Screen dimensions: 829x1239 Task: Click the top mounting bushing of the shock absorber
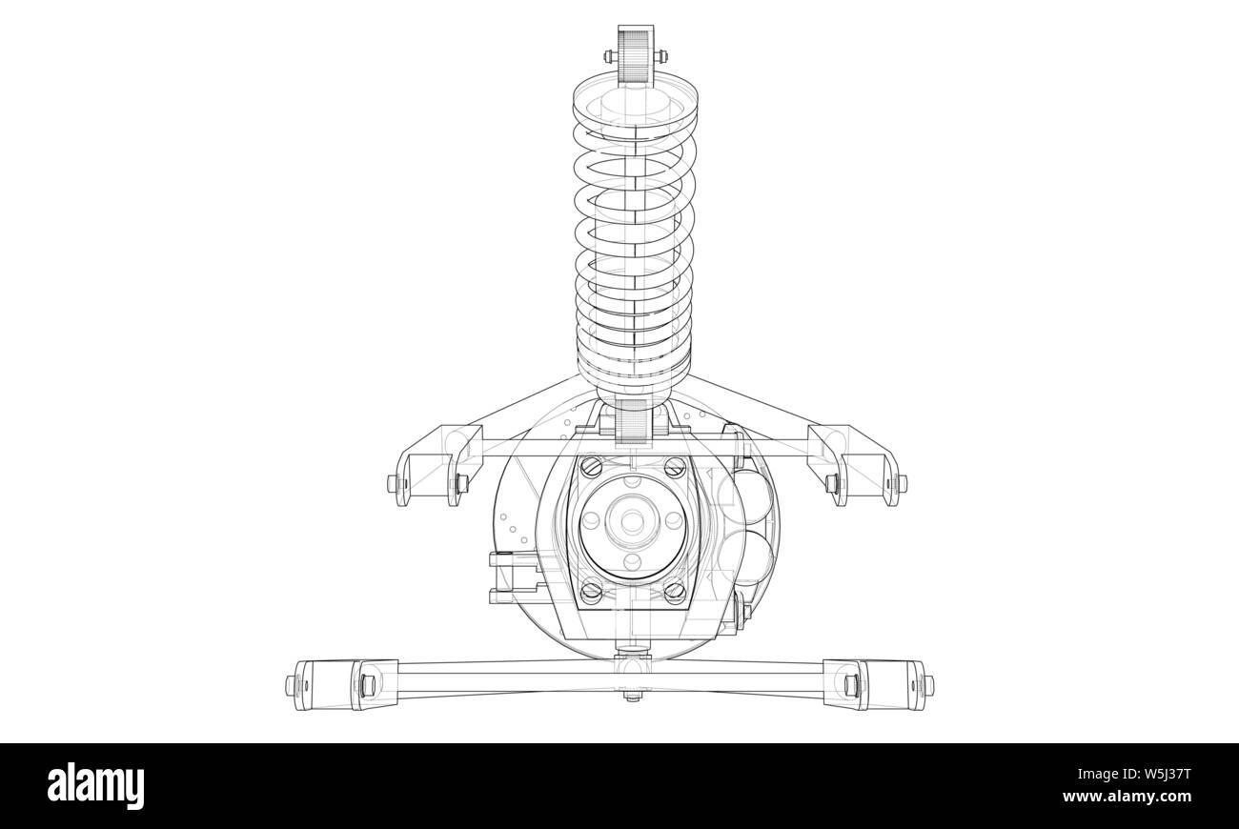(x=634, y=54)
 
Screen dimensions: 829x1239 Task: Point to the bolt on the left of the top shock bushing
(x=607, y=54)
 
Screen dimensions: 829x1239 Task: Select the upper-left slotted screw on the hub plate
(x=591, y=467)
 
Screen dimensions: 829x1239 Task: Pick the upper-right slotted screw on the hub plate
(x=675, y=467)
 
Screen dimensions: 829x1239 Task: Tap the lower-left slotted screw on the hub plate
(x=591, y=590)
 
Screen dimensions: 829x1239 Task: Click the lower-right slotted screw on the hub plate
(x=675, y=590)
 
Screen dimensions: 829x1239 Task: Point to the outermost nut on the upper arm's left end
(x=392, y=484)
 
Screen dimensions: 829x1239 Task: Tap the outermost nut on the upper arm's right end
(x=902, y=483)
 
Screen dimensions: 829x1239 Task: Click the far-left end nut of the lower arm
(x=291, y=684)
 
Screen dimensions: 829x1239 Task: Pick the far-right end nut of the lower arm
(x=929, y=684)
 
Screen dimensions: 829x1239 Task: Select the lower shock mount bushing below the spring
(x=633, y=420)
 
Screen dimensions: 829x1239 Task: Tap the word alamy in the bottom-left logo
(x=96, y=787)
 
